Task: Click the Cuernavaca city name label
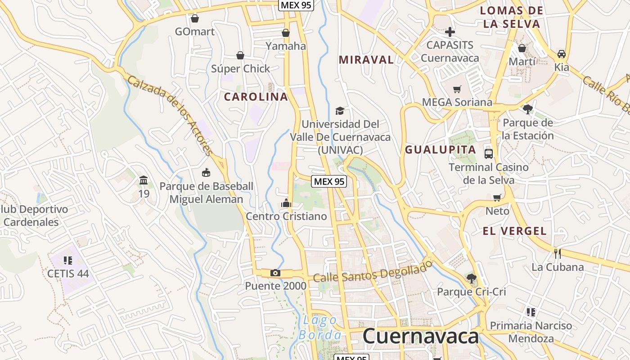[420, 336]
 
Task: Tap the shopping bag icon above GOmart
[195, 18]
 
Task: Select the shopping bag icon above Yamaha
[286, 33]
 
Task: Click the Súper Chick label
[241, 69]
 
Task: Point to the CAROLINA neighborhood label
[256, 97]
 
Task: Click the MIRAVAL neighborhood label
[366, 60]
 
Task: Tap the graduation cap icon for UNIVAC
[340, 111]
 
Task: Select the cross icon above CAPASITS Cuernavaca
[450, 32]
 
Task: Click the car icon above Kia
[562, 54]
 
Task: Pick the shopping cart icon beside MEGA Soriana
[457, 89]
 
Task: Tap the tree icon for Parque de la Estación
[528, 109]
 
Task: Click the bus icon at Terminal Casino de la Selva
[489, 154]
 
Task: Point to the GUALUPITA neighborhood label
[441, 150]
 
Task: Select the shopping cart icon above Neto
[497, 198]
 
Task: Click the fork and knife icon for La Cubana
[557, 253]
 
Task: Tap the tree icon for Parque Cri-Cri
[471, 278]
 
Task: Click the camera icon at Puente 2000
[275, 273]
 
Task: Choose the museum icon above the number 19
[144, 180]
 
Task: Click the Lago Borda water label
[320, 327]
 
